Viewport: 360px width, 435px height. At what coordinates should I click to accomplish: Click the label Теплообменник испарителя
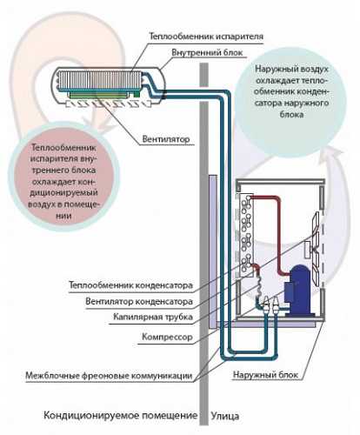[206, 37]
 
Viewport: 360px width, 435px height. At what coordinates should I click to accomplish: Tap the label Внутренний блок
[207, 53]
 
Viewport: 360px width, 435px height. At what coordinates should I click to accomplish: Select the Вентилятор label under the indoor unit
[166, 139]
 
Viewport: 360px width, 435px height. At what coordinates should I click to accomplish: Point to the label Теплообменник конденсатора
[130, 285]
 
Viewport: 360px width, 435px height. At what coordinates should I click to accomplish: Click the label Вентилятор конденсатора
[139, 302]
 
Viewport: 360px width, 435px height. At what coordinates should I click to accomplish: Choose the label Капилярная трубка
[153, 317]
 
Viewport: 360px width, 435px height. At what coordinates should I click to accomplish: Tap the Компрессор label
[167, 337]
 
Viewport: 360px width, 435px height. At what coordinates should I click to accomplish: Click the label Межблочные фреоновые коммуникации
[109, 376]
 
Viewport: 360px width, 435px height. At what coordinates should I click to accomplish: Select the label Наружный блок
[265, 375]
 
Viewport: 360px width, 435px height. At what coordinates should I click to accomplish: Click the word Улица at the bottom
[225, 416]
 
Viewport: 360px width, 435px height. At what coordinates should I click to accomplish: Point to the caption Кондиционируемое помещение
[120, 415]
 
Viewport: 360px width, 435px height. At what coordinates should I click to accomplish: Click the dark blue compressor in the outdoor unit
[298, 291]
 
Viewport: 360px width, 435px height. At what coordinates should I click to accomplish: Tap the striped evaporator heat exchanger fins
[101, 80]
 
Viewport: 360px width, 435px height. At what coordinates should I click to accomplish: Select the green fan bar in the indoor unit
[97, 96]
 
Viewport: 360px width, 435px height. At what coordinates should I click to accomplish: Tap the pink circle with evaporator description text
[63, 181]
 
